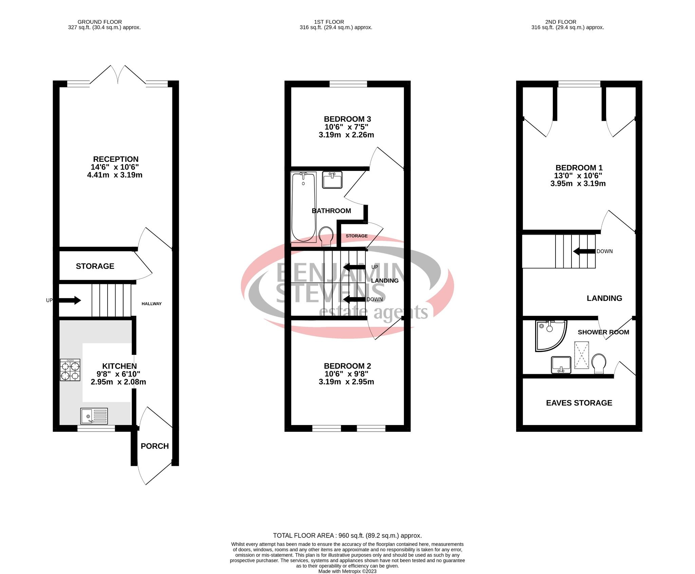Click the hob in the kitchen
click(x=70, y=370)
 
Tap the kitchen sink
click(x=94, y=416)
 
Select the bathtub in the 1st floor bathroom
click(x=303, y=207)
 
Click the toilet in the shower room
click(x=599, y=364)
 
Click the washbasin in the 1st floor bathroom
click(x=332, y=180)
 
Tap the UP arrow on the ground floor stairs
click(x=70, y=300)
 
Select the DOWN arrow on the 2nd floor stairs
click(x=584, y=251)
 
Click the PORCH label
click(x=155, y=446)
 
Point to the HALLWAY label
click(x=151, y=304)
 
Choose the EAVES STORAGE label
click(x=579, y=403)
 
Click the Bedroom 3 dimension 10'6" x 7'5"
click(x=346, y=127)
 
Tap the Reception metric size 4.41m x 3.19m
click(x=115, y=175)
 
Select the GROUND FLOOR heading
click(x=100, y=22)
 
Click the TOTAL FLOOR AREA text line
click(x=347, y=536)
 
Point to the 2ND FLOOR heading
click(x=561, y=22)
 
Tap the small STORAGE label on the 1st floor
click(x=356, y=236)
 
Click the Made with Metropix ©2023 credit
click(x=347, y=571)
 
